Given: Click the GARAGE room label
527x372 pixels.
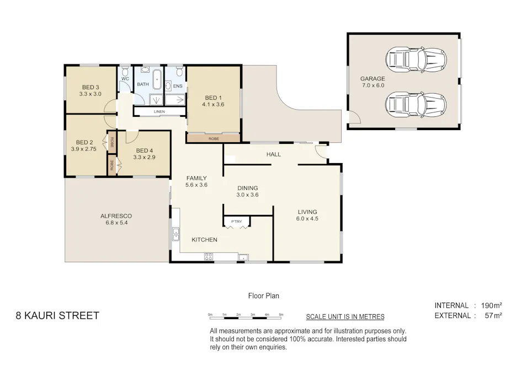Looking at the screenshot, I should coord(372,78).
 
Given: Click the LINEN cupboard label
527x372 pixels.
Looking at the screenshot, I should coord(159,112).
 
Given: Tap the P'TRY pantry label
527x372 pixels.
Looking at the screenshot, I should coord(236,222).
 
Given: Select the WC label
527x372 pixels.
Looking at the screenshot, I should coord(125,79).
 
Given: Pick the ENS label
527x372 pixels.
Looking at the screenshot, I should coord(178,87).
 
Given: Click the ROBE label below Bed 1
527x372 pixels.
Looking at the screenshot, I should coord(213,138).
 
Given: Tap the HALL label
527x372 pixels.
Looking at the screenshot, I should coord(274,154).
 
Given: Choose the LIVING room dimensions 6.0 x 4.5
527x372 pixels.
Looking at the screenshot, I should coord(307,219).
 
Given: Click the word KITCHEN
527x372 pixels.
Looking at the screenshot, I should coord(204,240).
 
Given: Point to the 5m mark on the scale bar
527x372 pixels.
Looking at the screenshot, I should coord(281,315).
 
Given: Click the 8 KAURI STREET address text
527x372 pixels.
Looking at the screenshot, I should coord(57,316).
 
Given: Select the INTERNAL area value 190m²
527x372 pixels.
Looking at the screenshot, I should coord(491,305).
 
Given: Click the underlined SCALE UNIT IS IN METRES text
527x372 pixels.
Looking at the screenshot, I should coord(345,317).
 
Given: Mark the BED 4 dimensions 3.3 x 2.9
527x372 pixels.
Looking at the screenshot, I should coord(144,158).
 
